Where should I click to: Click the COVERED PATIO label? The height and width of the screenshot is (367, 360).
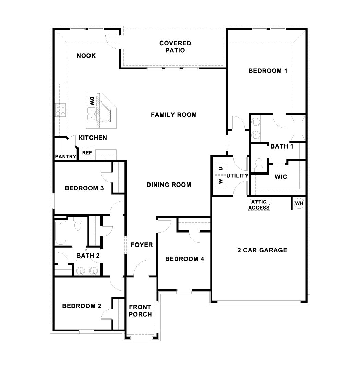coord(175,47)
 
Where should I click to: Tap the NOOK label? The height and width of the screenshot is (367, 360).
coord(86,56)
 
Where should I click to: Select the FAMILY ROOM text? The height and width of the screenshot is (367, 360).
coord(174,115)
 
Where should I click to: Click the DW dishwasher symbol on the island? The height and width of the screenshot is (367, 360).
coord(92,101)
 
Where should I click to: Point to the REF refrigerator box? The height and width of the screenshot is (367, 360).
coord(87,153)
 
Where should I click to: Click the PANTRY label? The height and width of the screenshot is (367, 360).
coord(65,157)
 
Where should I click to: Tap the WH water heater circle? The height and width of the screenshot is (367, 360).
coord(299,203)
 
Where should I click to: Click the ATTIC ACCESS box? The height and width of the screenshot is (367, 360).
coord(259,205)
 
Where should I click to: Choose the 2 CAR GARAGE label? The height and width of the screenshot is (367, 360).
coord(262,250)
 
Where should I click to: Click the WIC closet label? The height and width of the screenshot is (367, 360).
coord(281,177)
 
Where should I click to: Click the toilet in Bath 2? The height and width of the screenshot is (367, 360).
coord(78,225)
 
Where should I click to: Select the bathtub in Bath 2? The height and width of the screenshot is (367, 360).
coord(61,233)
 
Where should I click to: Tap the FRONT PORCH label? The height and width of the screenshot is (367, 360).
coord(140,311)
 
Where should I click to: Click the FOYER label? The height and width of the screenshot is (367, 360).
coord(142,245)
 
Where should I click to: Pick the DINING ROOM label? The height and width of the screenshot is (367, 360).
coord(169,185)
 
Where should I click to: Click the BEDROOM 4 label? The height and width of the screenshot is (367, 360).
coord(184,259)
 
